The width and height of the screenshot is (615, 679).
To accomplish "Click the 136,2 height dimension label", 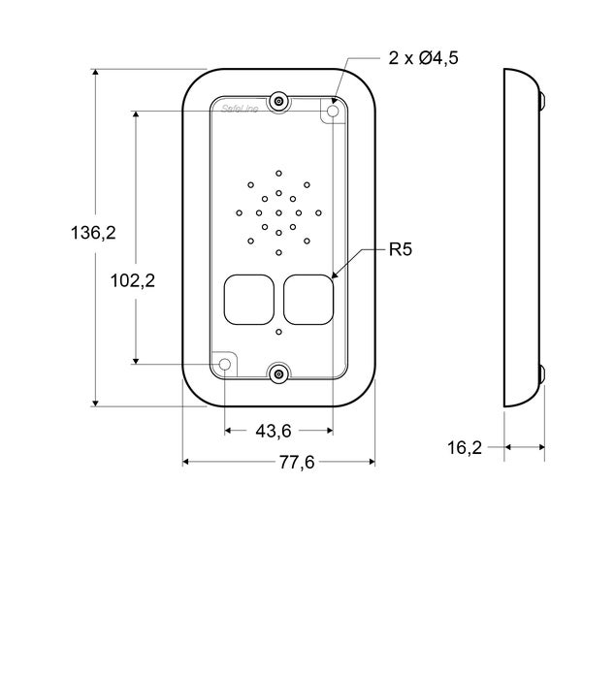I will click(x=93, y=233).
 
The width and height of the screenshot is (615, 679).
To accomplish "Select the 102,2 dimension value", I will click(x=133, y=281).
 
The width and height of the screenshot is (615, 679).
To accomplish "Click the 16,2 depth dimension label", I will click(x=465, y=447).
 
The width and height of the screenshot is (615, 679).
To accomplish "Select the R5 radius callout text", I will click(x=401, y=250).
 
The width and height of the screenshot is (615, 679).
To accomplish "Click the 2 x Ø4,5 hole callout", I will click(x=423, y=58).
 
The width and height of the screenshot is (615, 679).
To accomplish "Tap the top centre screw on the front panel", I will click(x=278, y=101).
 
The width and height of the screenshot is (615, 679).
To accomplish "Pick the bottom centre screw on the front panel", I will click(x=278, y=374).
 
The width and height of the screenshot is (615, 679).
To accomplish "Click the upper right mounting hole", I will click(x=334, y=113).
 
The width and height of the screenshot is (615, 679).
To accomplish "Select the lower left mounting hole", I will click(x=225, y=365).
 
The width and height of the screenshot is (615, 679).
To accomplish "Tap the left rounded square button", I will click(x=248, y=299).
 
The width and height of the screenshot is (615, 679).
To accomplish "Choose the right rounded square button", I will click(x=309, y=299).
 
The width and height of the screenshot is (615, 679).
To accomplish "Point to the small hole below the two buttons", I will click(x=278, y=333).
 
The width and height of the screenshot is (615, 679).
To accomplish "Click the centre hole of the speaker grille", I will click(x=278, y=212).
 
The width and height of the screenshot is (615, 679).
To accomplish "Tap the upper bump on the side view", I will click(x=541, y=100).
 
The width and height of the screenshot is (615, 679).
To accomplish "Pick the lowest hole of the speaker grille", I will click(x=278, y=253).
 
